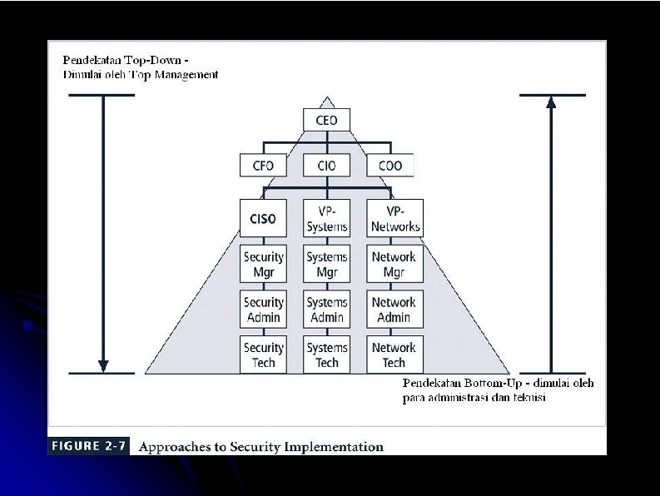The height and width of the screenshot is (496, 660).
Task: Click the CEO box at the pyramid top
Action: (327, 121)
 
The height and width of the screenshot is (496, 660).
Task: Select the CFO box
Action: (263, 166)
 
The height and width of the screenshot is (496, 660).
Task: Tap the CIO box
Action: (327, 166)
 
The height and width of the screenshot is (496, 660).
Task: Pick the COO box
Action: (390, 166)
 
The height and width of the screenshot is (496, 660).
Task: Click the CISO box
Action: (263, 219)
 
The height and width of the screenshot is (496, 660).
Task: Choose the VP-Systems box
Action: (327, 219)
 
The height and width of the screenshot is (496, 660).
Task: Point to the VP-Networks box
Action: (395, 219)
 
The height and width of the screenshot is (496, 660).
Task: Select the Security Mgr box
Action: (263, 265)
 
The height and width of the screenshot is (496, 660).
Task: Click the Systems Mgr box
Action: (327, 265)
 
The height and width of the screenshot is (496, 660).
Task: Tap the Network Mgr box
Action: (395, 265)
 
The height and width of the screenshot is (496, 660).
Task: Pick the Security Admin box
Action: (263, 310)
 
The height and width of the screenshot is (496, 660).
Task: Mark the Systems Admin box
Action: (327, 310)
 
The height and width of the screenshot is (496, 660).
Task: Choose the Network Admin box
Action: (395, 310)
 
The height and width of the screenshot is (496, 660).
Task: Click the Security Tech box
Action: (263, 355)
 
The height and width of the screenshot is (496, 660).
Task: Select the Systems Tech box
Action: (327, 355)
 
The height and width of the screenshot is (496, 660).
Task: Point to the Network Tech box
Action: (395, 355)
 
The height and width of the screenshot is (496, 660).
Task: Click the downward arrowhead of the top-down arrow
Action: (102, 365)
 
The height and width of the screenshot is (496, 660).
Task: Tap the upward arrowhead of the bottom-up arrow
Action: (551, 102)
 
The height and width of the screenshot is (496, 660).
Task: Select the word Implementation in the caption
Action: (336, 447)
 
